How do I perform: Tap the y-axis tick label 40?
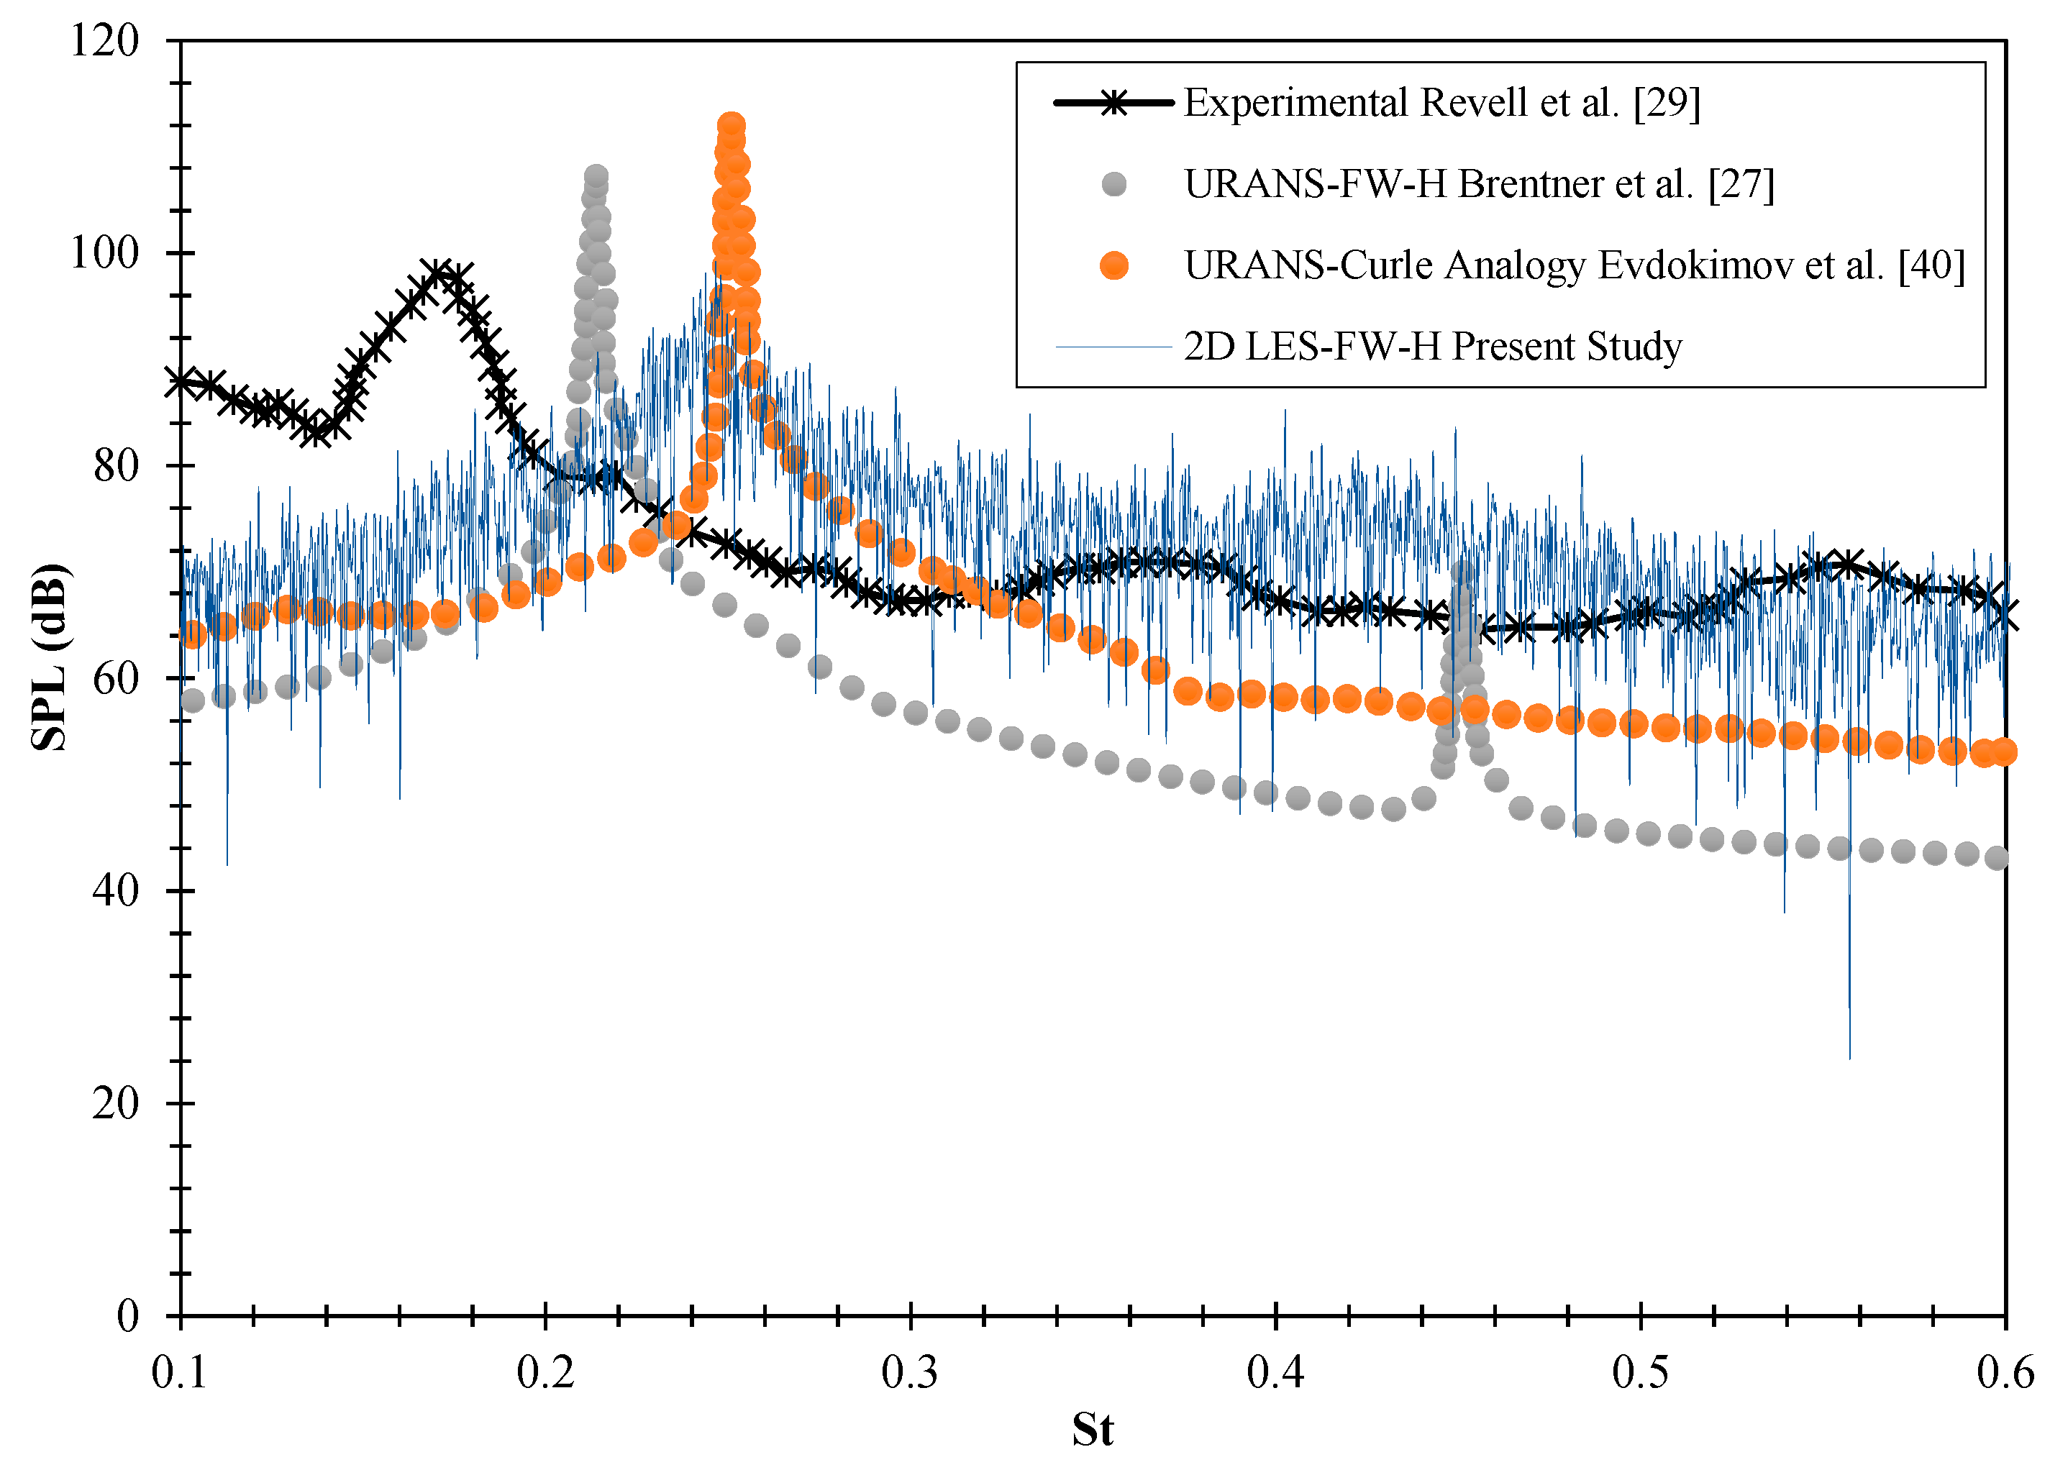point(116,891)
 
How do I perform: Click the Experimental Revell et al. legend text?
point(1441,103)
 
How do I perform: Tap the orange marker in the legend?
point(1113,265)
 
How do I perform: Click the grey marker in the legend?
point(1113,184)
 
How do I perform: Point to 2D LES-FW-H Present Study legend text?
point(1433,347)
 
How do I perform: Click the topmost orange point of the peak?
point(732,126)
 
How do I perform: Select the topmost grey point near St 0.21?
point(596,176)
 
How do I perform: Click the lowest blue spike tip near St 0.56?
point(1849,1057)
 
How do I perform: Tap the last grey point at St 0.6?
point(1997,858)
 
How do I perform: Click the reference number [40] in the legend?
point(1931,265)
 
